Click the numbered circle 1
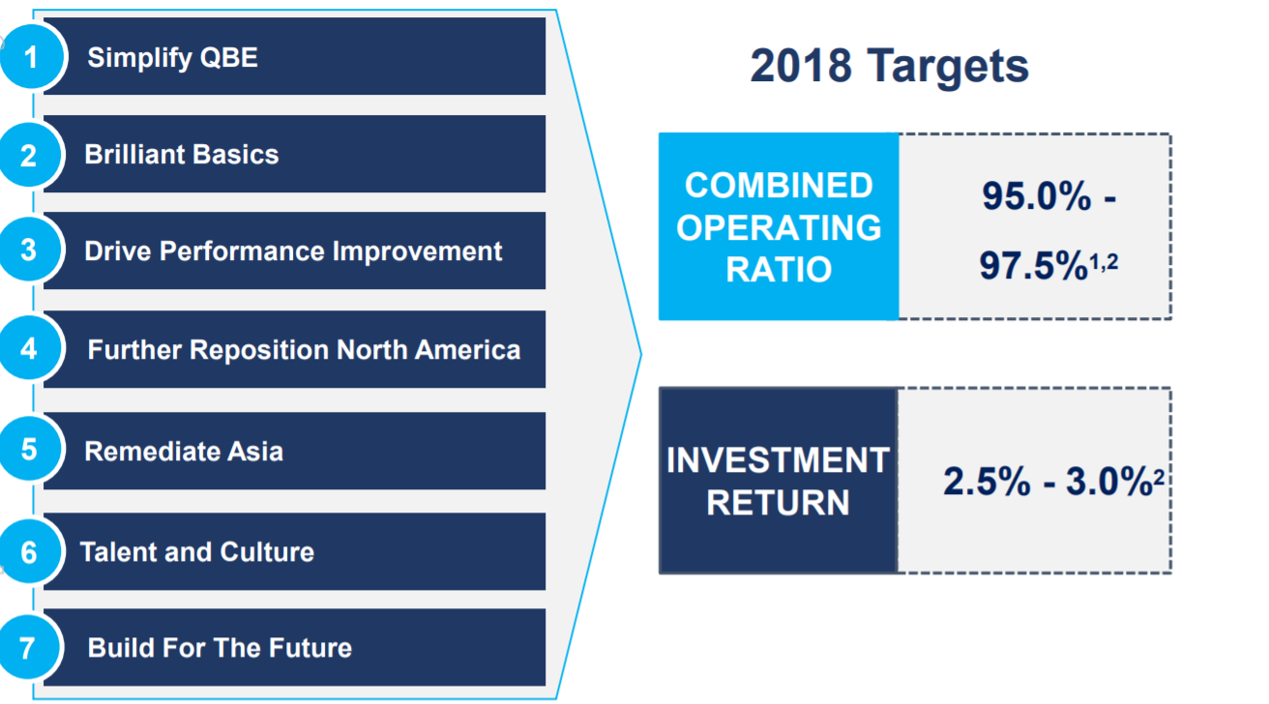31,57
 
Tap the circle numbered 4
29,348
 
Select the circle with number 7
28,647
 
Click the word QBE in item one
229,57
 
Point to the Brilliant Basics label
181,154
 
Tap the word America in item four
467,349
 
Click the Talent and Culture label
197,551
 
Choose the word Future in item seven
310,647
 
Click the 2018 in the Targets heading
801,65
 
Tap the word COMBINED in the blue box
779,186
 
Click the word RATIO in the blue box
779,269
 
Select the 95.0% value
1036,196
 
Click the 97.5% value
1033,265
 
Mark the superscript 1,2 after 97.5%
1104,261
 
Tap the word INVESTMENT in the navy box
778,459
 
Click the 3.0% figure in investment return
1108,482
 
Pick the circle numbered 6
29,551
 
